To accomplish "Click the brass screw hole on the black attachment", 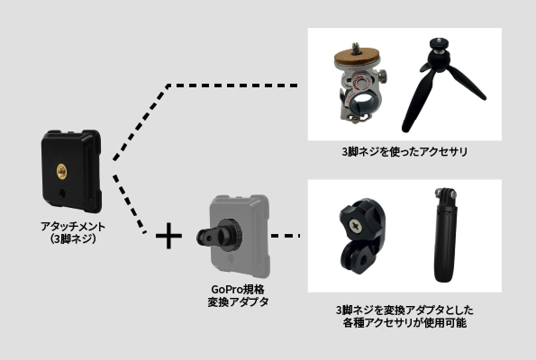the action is [61, 171].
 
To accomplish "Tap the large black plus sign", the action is [168, 236].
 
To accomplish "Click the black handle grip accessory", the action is [445, 235].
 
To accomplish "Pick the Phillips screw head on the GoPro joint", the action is [355, 226].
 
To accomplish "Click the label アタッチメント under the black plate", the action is [73, 227].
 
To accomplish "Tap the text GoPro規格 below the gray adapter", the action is [238, 289].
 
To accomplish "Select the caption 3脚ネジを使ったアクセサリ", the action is [404, 152].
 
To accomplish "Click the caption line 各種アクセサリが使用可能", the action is [404, 323].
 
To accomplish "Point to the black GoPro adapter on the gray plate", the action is [220, 235].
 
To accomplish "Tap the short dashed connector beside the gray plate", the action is [286, 236].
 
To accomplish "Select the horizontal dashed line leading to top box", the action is [232, 85].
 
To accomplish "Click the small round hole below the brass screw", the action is [62, 193].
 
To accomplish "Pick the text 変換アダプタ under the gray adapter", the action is [238, 301].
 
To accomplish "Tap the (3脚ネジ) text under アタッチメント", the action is [73, 238].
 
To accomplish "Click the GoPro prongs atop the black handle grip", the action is [445, 193].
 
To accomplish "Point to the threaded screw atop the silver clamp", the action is [356, 48].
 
